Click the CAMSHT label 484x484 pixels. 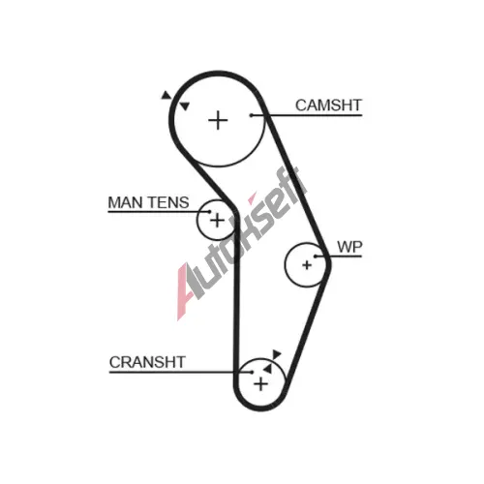pyautogui.click(x=328, y=106)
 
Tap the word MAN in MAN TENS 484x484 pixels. pyautogui.click(x=125, y=202)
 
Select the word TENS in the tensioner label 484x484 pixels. pyautogui.click(x=168, y=202)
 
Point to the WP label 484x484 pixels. pyautogui.click(x=349, y=247)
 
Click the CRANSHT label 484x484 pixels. pyautogui.click(x=147, y=362)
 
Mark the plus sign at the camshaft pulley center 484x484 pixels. pyautogui.click(x=218, y=121)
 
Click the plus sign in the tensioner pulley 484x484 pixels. pyautogui.click(x=217, y=221)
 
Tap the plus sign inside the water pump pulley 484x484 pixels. pyautogui.click(x=307, y=265)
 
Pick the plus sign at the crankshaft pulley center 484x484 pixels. pyautogui.click(x=260, y=384)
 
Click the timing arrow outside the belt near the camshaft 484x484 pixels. pyautogui.click(x=166, y=96)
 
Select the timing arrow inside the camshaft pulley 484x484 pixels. pyautogui.click(x=185, y=106)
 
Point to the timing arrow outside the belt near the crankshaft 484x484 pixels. pyautogui.click(x=277, y=354)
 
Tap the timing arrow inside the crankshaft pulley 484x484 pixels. pyautogui.click(x=267, y=369)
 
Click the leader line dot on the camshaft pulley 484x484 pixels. pyautogui.click(x=251, y=115)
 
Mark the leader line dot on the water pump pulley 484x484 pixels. pyautogui.click(x=316, y=257)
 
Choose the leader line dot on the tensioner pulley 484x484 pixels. pyautogui.click(x=209, y=212)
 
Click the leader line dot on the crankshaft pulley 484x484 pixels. pyautogui.click(x=252, y=372)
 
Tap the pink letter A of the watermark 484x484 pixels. pyautogui.click(x=186, y=292)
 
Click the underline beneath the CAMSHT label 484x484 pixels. pyautogui.click(x=307, y=115)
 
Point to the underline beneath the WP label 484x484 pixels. pyautogui.click(x=339, y=257)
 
